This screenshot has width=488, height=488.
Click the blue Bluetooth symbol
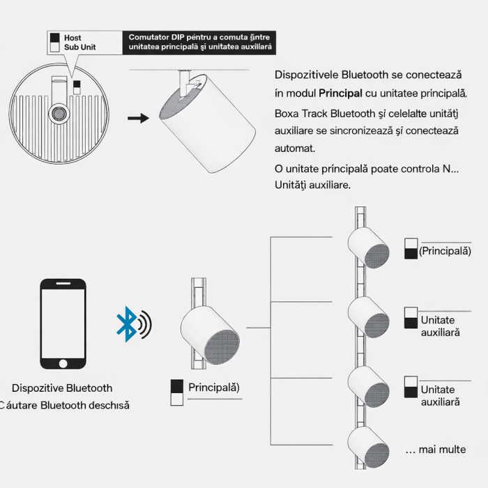coord(126,324)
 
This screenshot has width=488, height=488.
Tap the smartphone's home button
coord(63,363)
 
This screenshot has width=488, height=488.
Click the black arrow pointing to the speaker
coord(139,118)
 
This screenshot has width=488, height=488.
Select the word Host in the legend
coord(73,38)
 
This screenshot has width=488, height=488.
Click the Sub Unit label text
coord(79,47)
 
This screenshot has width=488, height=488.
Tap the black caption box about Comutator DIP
coord(199,42)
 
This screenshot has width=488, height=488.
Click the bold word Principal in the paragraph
coord(341,93)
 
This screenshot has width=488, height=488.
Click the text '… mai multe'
coord(436,449)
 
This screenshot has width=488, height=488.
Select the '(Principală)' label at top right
coord(445,251)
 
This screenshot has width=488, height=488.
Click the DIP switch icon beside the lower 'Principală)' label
coord(176,392)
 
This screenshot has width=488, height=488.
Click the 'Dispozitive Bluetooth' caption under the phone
coord(62,388)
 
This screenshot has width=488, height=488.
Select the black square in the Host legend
coord(55,38)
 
